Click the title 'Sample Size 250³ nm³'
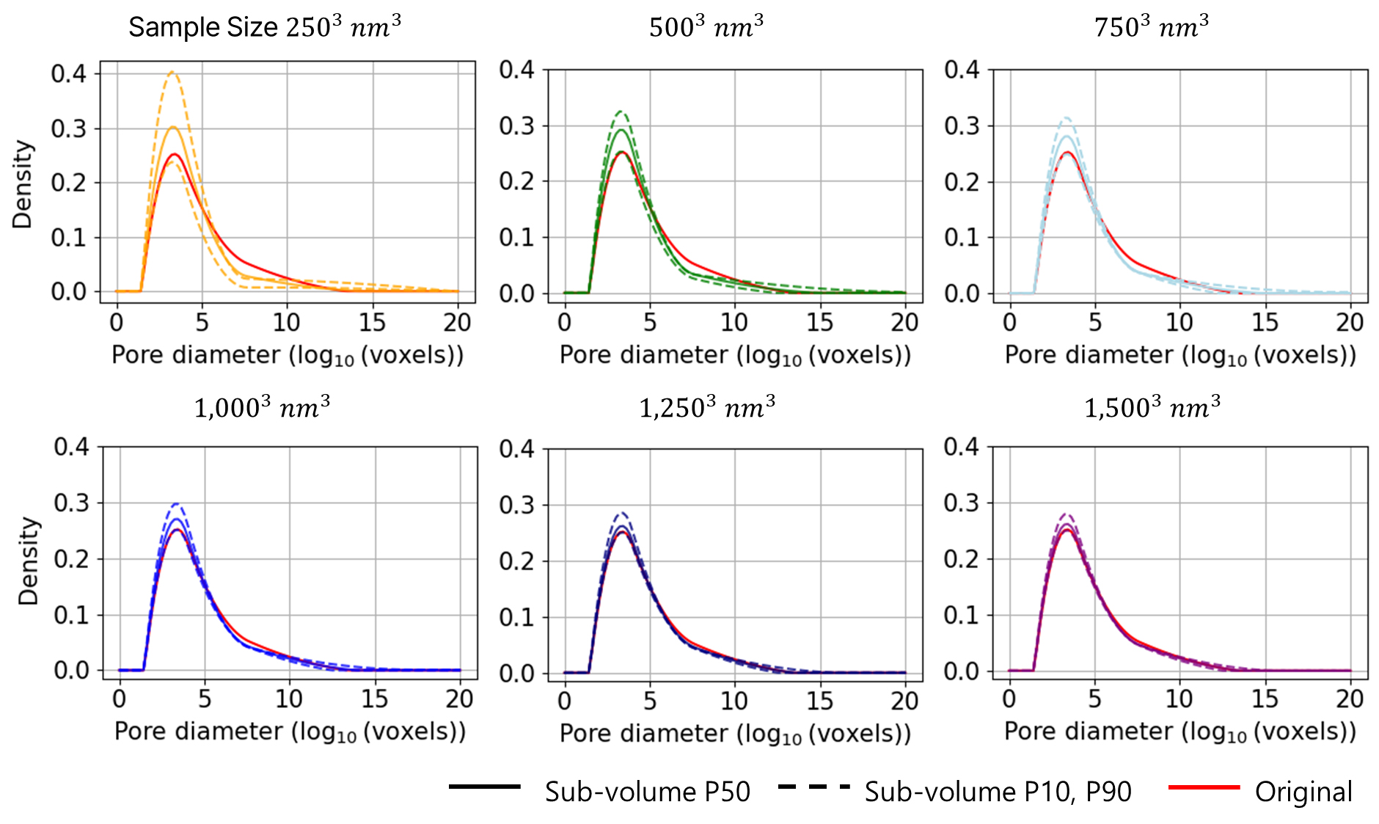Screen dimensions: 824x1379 (264, 27)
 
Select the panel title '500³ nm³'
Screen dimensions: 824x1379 (706, 27)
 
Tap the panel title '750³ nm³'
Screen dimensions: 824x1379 (1151, 27)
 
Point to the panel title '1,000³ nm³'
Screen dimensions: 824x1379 (262, 407)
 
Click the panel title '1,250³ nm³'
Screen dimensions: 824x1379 (707, 407)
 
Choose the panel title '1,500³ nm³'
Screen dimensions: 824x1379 (1152, 407)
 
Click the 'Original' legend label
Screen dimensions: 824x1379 (1303, 792)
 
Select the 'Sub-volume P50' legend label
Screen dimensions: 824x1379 (647, 792)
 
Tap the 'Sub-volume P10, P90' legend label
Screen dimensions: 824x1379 (998, 792)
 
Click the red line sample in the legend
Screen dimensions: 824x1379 (1204, 787)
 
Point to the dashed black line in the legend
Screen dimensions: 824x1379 (813, 787)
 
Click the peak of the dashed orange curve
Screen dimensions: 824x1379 (172, 72)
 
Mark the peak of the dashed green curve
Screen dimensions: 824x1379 (621, 112)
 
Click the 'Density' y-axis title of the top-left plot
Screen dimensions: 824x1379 (23, 184)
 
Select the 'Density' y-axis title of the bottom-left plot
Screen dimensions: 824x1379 (28, 561)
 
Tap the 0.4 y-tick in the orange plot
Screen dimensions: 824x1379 (68, 73)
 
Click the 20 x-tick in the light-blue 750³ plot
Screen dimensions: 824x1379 (1350, 322)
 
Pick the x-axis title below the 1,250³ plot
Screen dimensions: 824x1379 (735, 733)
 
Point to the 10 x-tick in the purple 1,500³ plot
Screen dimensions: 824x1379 (1179, 699)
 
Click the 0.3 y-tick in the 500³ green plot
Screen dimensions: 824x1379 (516, 125)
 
